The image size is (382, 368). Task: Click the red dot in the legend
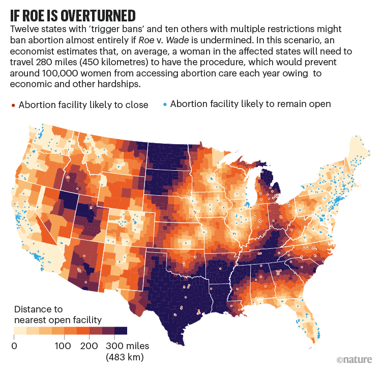[x=13, y=105]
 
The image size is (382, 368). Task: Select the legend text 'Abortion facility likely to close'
[x=83, y=105]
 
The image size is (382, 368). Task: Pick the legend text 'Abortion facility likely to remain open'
[x=250, y=104]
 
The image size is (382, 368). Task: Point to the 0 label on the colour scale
[x=14, y=347]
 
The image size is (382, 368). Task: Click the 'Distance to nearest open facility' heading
[x=58, y=314]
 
